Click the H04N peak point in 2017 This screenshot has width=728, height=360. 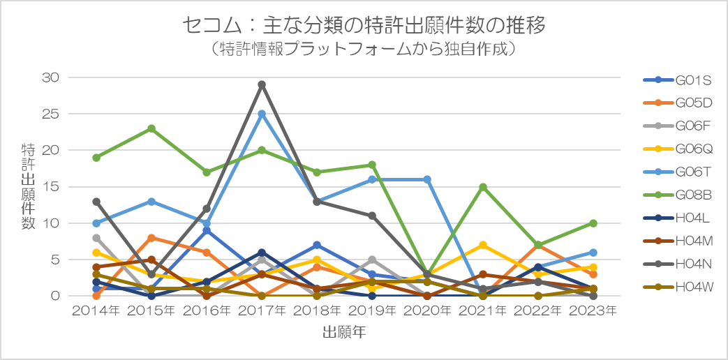262,84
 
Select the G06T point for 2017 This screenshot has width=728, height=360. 262,114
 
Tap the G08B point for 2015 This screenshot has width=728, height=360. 151,128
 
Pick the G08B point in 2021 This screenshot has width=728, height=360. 482,187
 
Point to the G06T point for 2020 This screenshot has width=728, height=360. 427,179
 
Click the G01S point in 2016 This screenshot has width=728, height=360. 207,230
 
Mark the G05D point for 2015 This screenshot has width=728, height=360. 151,238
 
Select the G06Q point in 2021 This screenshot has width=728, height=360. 482,245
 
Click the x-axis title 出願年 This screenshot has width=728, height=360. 344,332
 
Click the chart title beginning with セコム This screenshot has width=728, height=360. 363,26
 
